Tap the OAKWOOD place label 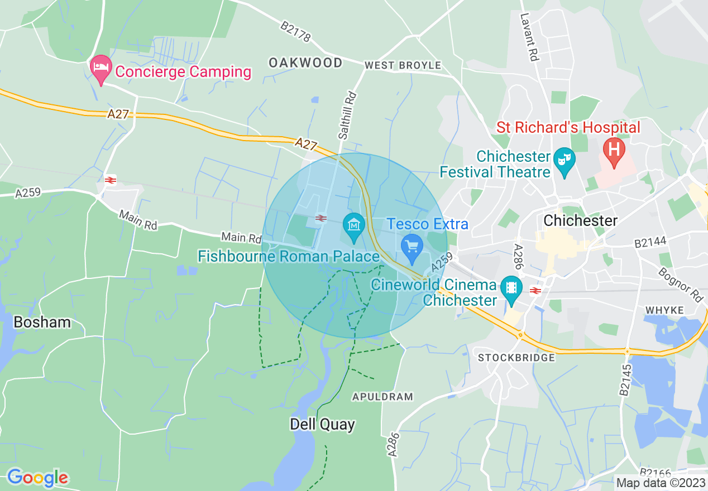tap(305, 62)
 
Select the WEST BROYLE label tap(403, 65)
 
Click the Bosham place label tap(42, 322)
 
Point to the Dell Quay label tap(322, 424)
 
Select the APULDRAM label tap(382, 397)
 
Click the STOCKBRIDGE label tap(517, 357)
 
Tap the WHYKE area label tap(664, 310)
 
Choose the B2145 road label tap(625, 380)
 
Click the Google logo tap(37, 478)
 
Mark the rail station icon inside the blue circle tap(320, 218)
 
